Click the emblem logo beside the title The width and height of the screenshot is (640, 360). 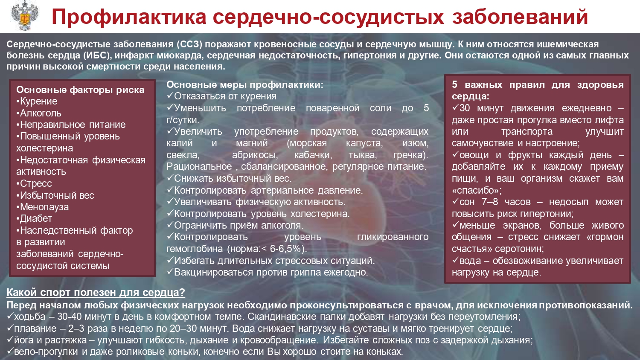24,16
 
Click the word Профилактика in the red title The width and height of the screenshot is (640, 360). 129,17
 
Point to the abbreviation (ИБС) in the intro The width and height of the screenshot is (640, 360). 97,55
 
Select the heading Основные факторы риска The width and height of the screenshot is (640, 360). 80,90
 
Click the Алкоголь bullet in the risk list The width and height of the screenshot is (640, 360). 39,113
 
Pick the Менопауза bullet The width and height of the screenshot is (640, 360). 43,207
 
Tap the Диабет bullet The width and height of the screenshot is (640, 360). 34,218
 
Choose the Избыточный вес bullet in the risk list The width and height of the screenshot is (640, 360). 55,195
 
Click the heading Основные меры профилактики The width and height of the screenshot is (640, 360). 245,84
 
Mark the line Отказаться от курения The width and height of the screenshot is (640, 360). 222,96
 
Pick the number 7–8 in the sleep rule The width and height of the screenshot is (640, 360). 490,202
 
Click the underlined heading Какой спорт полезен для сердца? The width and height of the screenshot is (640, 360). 96,292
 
